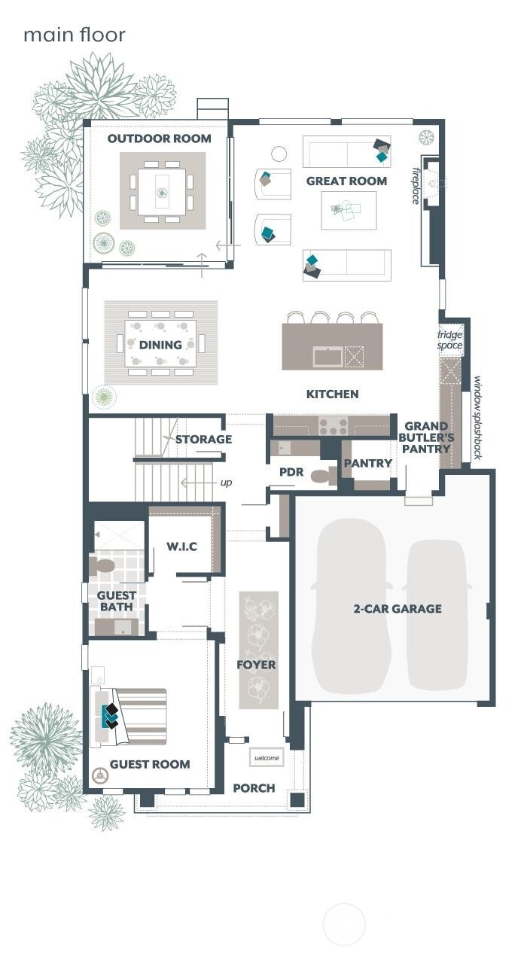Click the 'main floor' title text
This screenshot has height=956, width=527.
74,35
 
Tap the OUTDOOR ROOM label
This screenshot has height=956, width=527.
159,139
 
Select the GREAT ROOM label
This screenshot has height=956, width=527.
346,181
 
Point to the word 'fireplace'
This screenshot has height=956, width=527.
416,185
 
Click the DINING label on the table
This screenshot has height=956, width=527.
160,345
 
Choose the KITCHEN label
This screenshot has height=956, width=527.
332,394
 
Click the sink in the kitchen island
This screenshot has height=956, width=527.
327,355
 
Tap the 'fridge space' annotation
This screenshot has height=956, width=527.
451,339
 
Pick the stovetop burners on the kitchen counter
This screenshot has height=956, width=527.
333,427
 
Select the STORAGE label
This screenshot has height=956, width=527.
203,440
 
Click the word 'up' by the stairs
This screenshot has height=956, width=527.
226,483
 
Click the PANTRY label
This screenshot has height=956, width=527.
367,464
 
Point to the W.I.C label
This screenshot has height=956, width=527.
181,547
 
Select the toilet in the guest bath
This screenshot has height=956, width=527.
102,565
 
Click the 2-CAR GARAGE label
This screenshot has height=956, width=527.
398,609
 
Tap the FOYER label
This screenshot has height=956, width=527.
256,665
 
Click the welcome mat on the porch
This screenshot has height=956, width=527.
267,757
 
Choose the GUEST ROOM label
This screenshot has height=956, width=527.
150,765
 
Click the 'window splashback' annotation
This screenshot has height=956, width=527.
477,417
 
